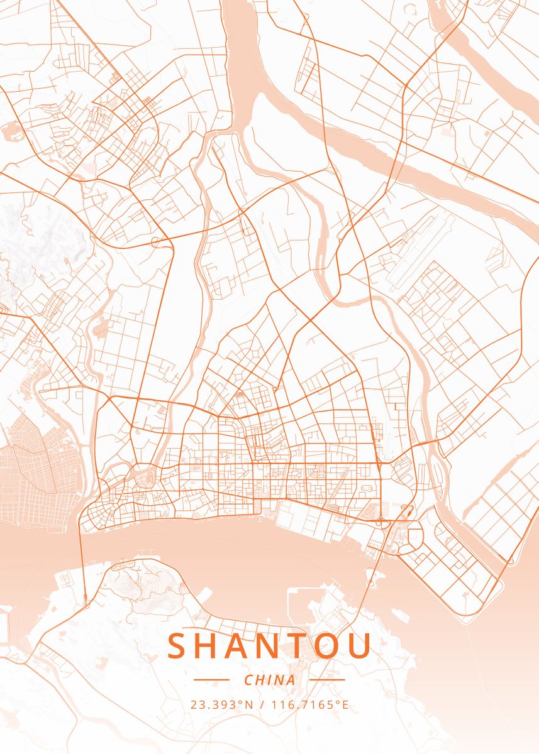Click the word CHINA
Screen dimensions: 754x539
[269, 680]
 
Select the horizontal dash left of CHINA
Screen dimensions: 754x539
[211, 680]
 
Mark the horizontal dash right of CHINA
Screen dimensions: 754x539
[328, 680]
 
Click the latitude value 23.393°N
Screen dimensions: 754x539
[222, 704]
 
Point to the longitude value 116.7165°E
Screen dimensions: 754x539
[309, 704]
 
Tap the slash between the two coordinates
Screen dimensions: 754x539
[262, 704]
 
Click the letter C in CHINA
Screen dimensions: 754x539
[248, 680]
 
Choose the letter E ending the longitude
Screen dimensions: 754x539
[345, 704]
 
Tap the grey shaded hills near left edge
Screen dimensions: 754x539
[38, 239]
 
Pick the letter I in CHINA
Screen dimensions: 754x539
[269, 680]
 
